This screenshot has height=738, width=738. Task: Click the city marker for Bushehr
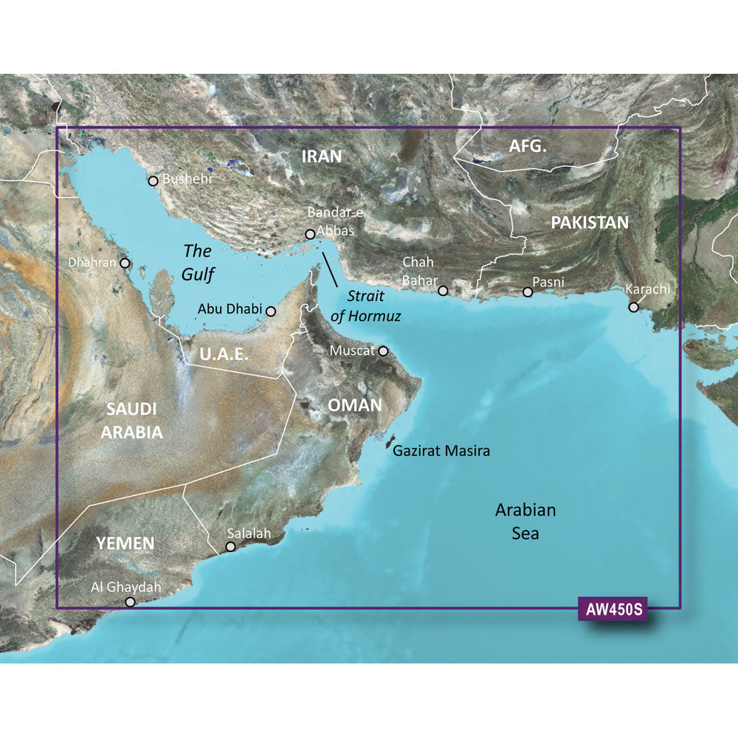[153, 181]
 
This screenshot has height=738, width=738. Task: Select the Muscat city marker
[383, 351]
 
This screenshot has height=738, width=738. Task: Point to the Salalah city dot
[231, 547]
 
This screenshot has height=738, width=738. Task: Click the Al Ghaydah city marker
[131, 602]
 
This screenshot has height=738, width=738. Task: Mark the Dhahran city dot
[125, 263]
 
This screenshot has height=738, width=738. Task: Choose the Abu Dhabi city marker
[271, 311]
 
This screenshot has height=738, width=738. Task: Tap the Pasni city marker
[528, 292]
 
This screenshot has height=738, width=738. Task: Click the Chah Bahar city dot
[443, 291]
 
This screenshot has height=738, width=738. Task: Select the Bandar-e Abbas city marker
[310, 235]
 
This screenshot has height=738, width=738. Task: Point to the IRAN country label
[322, 156]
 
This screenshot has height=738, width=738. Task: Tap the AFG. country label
[528, 147]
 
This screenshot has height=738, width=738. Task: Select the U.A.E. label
[224, 355]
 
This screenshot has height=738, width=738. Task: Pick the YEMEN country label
[125, 544]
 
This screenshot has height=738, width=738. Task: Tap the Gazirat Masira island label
[441, 450]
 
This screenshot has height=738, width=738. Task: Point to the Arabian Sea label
[525, 521]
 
